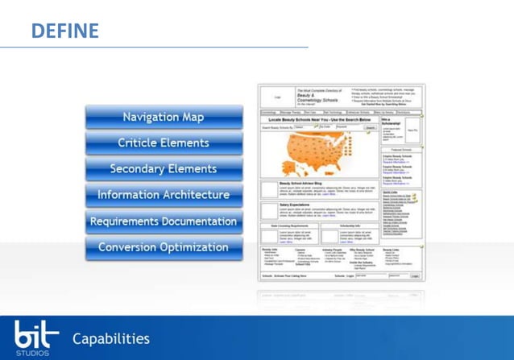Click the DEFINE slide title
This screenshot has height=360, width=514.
65,31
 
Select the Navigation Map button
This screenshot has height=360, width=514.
163,118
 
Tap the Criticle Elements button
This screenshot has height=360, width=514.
163,143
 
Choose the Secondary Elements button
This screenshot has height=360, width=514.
163,169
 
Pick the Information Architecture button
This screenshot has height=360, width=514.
163,195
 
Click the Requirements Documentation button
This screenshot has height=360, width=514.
163,221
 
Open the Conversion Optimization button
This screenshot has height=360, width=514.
163,247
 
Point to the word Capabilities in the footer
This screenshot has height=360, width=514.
111,338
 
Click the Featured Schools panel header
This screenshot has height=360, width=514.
401,151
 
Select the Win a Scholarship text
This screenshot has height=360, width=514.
392,122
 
